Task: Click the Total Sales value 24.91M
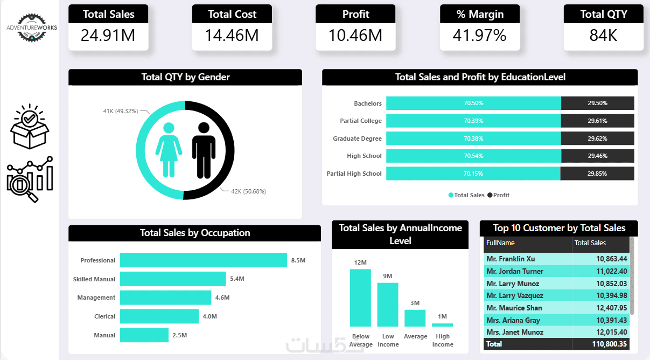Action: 108,36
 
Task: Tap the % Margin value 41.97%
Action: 479,36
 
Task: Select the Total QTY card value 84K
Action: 603,36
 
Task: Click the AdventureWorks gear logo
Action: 32,27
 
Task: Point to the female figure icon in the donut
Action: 169,150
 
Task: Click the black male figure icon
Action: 204,150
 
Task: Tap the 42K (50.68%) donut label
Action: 248,191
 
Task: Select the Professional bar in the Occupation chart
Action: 204,260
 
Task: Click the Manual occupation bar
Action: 144,335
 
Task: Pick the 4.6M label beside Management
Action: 222,297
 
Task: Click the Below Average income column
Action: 360,298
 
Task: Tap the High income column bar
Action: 442,325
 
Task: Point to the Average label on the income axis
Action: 415,336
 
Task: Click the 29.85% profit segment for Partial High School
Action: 597,174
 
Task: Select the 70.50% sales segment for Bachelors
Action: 473,103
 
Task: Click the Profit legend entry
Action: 498,195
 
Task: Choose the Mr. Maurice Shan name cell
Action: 514,308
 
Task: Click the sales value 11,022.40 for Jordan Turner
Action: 611,271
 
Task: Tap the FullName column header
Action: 500,243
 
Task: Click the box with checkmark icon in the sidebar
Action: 29,127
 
